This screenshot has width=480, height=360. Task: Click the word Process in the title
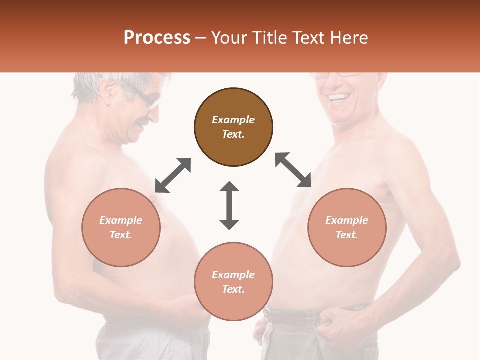pos(157,38)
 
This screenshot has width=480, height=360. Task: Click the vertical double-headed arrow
pos(229,205)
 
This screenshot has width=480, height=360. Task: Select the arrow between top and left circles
pos(173,175)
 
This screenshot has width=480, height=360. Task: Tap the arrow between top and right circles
pos(293,170)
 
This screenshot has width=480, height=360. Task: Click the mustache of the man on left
pos(143,121)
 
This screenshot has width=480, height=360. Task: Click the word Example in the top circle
pos(233,120)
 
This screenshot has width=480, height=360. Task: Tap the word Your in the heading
pos(229,38)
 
